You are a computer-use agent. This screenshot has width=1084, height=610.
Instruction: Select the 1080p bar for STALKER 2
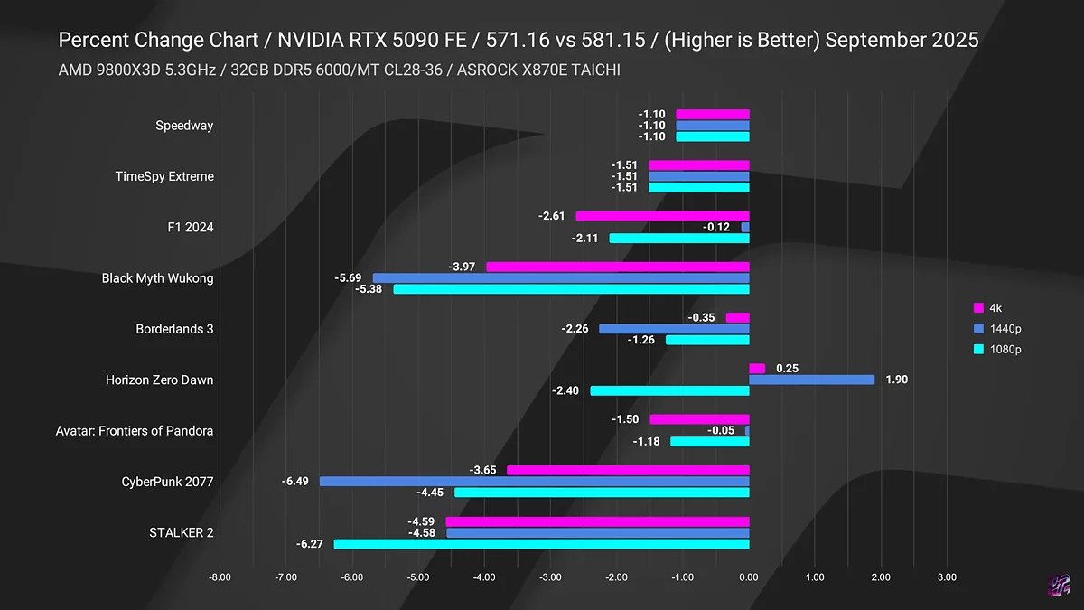tap(542, 544)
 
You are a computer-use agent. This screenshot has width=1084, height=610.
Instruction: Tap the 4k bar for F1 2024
tap(663, 216)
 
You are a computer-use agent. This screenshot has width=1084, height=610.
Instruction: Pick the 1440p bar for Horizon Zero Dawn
tap(812, 380)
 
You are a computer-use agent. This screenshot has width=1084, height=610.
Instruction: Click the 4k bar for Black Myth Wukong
tap(618, 267)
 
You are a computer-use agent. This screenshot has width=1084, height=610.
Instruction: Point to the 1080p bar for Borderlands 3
tap(707, 340)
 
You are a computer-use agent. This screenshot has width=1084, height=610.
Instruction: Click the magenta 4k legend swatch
tap(979, 308)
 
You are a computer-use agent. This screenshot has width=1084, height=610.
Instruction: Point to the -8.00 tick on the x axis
tap(220, 576)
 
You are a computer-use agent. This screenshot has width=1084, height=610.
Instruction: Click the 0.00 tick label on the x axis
tap(749, 576)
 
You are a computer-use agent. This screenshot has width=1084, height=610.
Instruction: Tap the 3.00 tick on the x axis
tap(947, 576)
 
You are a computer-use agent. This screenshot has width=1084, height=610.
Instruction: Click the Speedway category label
tap(184, 126)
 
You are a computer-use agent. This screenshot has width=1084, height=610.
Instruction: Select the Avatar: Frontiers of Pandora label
tap(135, 431)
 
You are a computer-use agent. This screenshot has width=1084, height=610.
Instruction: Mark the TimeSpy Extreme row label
tap(164, 176)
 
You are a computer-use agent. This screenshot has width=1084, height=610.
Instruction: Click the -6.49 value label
tap(295, 482)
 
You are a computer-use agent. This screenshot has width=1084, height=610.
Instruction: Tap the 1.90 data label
tap(896, 380)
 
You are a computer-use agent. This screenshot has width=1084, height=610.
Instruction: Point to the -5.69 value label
tap(348, 277)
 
